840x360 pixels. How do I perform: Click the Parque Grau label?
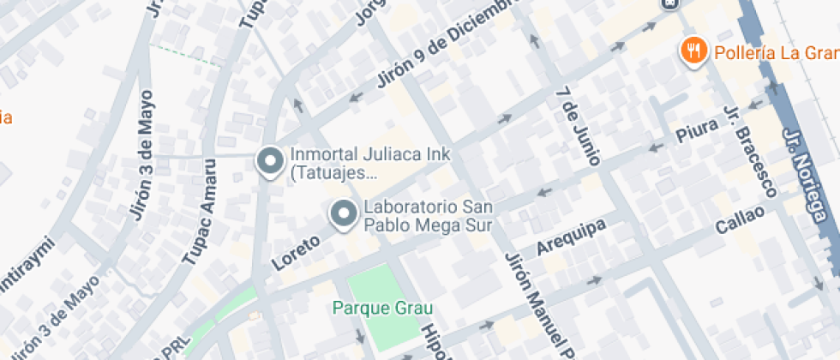pyautogui.click(x=383, y=308)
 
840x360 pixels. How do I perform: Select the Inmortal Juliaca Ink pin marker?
pyautogui.click(x=271, y=162)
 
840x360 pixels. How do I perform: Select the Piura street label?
pyautogui.click(x=695, y=133)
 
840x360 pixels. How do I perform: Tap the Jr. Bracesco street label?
pyautogui.click(x=750, y=152)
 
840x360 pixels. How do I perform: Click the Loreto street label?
pyautogui.click(x=296, y=252)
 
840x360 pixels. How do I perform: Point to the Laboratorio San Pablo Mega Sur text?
pyautogui.click(x=429, y=217)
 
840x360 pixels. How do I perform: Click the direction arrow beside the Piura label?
pyautogui.click(x=657, y=147)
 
